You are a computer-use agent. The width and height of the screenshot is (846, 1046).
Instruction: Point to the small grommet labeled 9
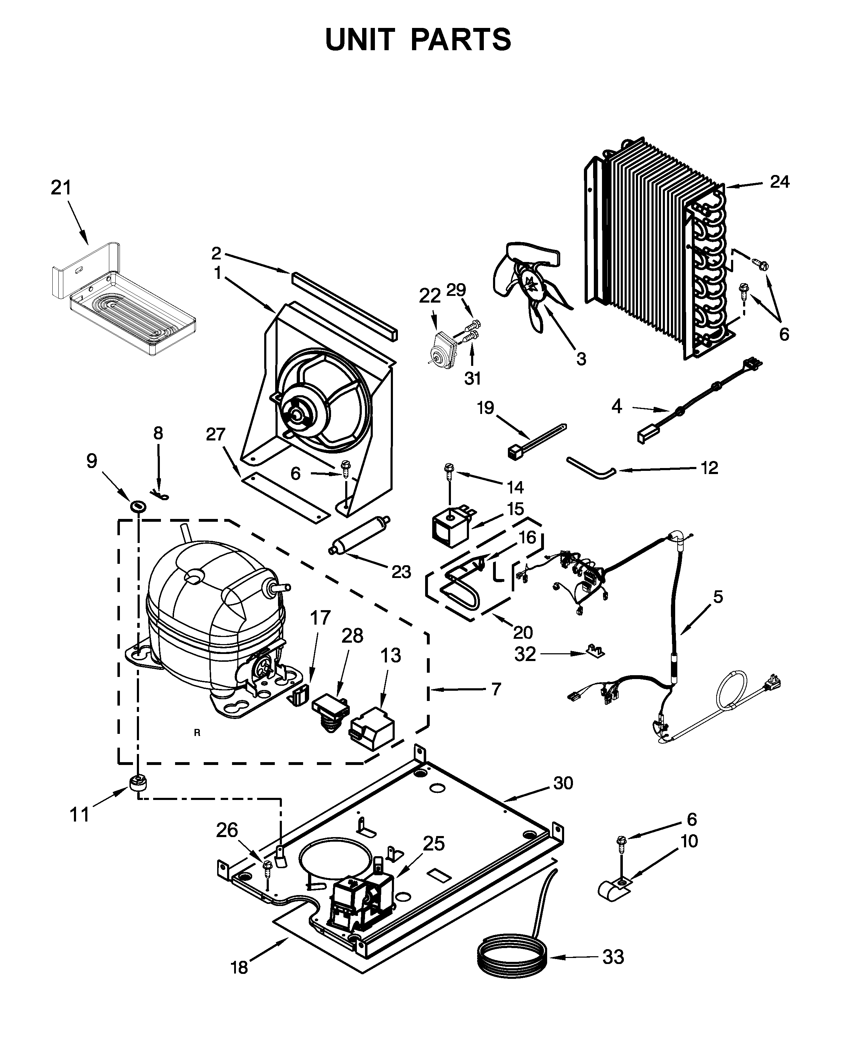(x=138, y=506)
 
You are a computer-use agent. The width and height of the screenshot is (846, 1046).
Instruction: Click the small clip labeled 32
(x=594, y=650)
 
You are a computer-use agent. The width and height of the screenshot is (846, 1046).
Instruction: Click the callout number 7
(x=496, y=690)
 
